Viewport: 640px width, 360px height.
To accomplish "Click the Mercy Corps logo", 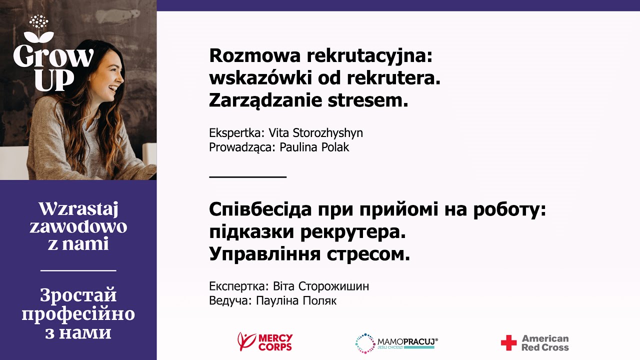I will click(265, 342).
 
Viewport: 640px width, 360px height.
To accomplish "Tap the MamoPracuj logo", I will click(396, 343).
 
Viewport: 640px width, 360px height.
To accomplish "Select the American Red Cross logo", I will click(535, 342).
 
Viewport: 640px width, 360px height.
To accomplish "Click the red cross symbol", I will click(508, 343).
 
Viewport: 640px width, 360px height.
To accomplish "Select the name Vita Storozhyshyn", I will click(315, 133).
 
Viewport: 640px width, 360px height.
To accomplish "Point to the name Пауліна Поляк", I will click(296, 300).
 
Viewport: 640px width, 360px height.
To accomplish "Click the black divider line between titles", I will click(247, 176).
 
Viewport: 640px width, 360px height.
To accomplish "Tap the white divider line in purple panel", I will click(78, 270).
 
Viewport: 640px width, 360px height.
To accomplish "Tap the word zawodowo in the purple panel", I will click(78, 227).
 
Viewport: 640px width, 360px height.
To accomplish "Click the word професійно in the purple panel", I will click(78, 314).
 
